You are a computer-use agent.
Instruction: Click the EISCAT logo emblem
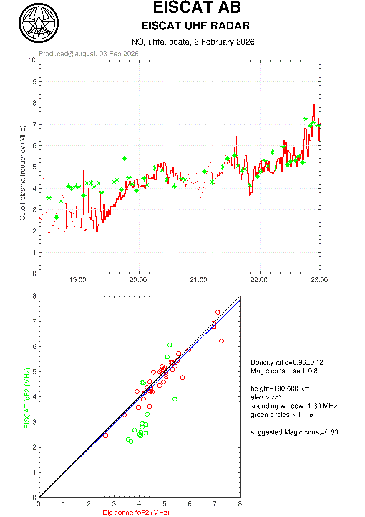tap(39, 23)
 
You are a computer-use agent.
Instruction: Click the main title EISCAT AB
tap(197, 7)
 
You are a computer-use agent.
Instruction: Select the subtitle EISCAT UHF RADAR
tap(195, 26)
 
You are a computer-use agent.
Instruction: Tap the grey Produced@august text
tap(88, 54)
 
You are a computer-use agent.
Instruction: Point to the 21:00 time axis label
tap(199, 280)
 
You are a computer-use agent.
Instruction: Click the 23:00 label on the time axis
tap(319, 280)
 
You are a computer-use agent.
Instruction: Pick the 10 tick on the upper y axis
tap(32, 60)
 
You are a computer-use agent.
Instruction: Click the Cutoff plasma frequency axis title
tap(22, 173)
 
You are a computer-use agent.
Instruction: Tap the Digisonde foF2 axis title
tap(136, 513)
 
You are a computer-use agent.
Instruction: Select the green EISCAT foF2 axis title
tap(27, 398)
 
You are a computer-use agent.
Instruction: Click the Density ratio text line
tap(287, 362)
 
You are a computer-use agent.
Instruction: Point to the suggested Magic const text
tap(294, 432)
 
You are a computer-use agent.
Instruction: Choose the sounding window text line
tap(293, 406)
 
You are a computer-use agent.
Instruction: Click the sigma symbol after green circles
tap(311, 415)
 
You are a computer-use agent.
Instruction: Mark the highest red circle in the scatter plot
tap(218, 312)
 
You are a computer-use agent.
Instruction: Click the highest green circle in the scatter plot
tap(170, 345)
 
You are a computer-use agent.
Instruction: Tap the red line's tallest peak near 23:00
tap(314, 105)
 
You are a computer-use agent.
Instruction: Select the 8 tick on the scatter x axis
tap(240, 504)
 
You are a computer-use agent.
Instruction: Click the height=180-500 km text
tap(280, 388)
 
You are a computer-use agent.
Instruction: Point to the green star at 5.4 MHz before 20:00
tap(124, 158)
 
